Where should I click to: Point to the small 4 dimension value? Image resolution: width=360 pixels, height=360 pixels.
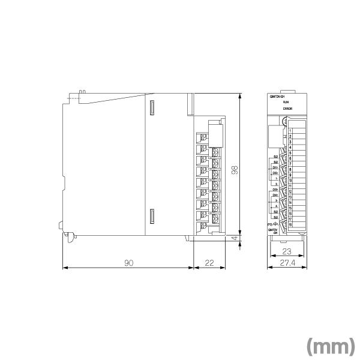[235, 238]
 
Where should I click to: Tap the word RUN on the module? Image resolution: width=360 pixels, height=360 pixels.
[286, 103]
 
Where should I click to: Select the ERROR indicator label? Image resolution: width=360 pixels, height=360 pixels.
[286, 109]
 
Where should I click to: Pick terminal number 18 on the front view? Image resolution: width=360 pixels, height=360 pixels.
[290, 224]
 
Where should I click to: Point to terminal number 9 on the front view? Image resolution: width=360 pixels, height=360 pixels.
[290, 175]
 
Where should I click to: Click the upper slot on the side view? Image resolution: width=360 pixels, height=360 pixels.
[152, 108]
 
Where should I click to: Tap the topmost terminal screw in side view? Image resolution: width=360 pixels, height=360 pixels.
[203, 138]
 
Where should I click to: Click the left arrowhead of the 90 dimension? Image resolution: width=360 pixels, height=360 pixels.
[65, 268]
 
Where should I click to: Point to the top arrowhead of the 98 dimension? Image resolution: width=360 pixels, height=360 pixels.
[240, 95]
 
